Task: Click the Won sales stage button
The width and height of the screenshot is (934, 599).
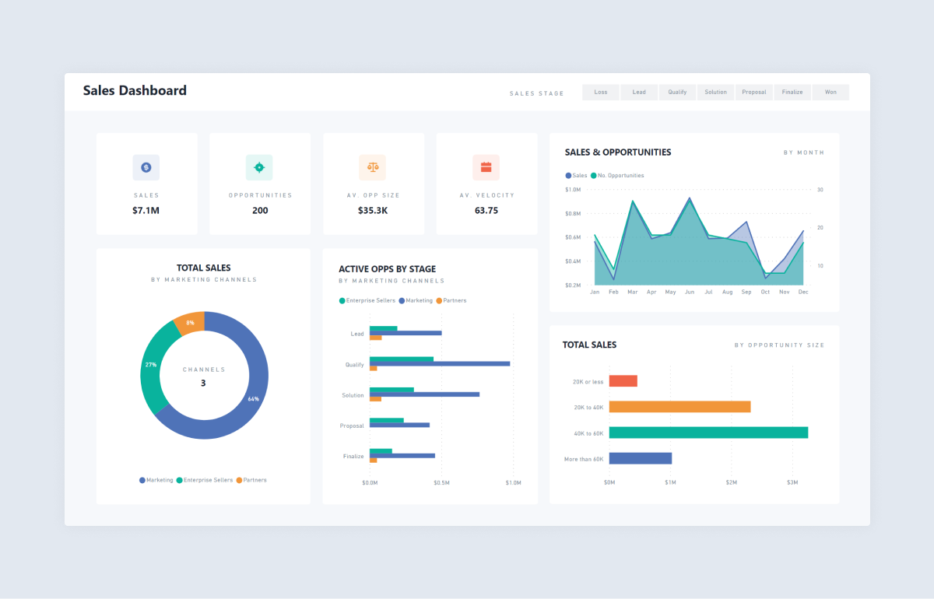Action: point(830,92)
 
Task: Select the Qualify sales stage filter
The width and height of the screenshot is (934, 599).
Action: point(677,92)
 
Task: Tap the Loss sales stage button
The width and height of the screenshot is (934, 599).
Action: point(601,92)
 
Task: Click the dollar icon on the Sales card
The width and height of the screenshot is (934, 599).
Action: point(146,167)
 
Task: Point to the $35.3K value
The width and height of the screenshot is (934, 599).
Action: point(374,210)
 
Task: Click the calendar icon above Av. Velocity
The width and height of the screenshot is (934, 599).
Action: point(486,167)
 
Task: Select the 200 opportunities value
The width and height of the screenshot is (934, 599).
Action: point(260,210)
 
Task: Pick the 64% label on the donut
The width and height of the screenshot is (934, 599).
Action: point(253,399)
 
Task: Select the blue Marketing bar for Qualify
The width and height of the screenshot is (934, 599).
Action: point(440,363)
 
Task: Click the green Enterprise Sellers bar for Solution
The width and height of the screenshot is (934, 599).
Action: point(392,390)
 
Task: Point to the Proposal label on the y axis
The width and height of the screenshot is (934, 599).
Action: point(352,426)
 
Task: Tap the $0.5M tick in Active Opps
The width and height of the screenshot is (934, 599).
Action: point(441,483)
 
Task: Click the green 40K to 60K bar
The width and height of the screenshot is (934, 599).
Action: point(708,433)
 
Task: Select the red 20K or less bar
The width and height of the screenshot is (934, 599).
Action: point(623,381)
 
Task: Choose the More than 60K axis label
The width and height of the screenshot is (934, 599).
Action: point(584,459)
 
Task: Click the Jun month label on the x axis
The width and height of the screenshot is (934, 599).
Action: point(690,292)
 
